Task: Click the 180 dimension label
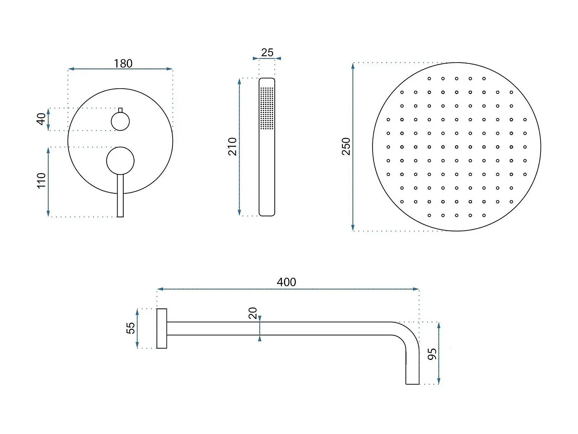click(x=123, y=63)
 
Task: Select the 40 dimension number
click(x=41, y=119)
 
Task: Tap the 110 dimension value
click(x=41, y=181)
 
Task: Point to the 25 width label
click(x=267, y=52)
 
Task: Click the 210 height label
click(x=232, y=146)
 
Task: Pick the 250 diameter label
click(x=346, y=146)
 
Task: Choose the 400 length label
click(x=286, y=282)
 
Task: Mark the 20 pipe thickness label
click(x=253, y=313)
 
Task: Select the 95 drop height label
click(x=432, y=354)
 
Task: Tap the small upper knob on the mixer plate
click(x=120, y=122)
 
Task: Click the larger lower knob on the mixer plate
click(x=120, y=160)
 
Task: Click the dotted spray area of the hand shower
click(x=267, y=108)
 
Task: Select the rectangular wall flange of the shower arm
click(x=162, y=328)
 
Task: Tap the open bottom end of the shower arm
click(x=412, y=383)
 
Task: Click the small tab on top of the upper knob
click(x=120, y=110)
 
